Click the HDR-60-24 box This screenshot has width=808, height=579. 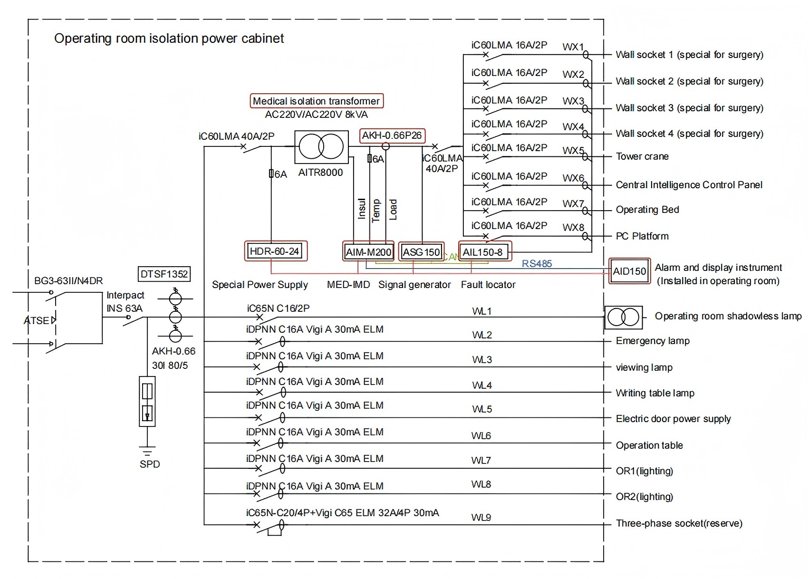click(x=275, y=251)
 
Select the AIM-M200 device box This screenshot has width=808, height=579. click(x=369, y=252)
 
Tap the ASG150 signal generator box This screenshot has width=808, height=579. click(x=422, y=252)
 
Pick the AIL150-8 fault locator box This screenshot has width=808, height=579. click(x=483, y=252)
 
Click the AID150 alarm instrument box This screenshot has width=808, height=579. click(x=629, y=271)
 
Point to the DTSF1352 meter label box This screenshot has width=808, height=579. click(x=164, y=274)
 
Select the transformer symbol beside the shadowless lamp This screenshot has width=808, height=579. click(x=623, y=317)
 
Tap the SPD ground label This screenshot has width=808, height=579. click(x=150, y=464)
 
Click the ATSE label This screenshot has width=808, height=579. click(x=37, y=320)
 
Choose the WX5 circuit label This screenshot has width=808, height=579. click(x=573, y=151)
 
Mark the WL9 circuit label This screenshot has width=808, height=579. click(x=481, y=517)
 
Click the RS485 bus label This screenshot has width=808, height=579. click(x=537, y=264)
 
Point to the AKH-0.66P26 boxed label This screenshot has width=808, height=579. click(x=392, y=135)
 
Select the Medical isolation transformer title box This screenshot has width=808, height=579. click(x=317, y=101)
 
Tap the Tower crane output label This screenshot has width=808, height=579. click(x=642, y=156)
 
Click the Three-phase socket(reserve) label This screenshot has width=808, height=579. click(x=679, y=523)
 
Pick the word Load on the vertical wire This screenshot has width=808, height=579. click(x=393, y=209)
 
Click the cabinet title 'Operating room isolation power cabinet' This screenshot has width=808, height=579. click(x=169, y=39)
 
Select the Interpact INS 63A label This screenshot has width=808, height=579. click(x=125, y=302)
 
